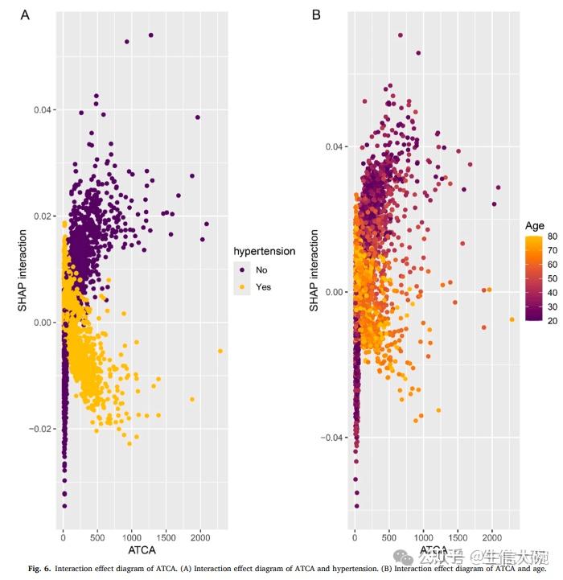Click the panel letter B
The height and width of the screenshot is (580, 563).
click(x=316, y=15)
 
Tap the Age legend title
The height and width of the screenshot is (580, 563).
click(x=535, y=225)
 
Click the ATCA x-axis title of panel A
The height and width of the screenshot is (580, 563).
click(x=142, y=550)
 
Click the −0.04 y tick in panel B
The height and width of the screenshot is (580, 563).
click(x=333, y=438)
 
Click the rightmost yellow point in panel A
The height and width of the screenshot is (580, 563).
click(x=220, y=352)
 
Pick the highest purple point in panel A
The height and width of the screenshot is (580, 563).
click(x=150, y=35)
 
